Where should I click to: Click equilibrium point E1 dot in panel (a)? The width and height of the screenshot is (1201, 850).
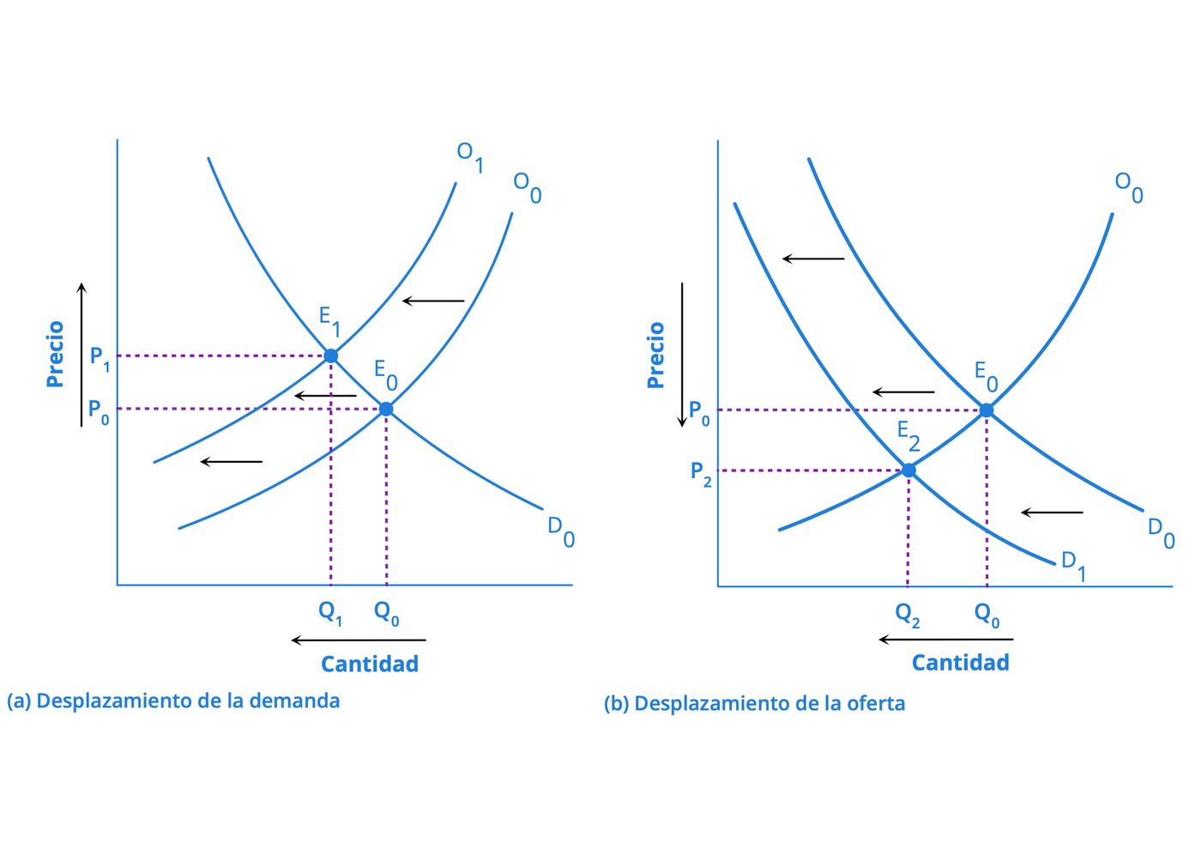coord(331,355)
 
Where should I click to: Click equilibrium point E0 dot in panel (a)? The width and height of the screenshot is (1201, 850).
coord(386,409)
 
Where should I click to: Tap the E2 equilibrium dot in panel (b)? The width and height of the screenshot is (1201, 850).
coord(908,471)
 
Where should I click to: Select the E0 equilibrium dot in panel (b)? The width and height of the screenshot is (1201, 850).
coord(987,410)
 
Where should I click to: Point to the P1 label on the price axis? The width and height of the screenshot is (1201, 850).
coord(100,359)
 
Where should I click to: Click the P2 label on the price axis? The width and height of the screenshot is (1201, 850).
coord(701,474)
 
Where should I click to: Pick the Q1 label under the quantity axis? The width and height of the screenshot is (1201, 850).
coord(330,613)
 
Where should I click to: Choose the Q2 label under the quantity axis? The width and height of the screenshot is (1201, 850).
coord(908,615)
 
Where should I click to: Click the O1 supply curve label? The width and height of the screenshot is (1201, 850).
coord(470,156)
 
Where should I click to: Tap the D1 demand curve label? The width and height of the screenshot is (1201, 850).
coord(1073,567)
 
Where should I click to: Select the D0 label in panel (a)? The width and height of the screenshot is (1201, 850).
coord(561,532)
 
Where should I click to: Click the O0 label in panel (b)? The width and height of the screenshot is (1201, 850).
coord(1129,188)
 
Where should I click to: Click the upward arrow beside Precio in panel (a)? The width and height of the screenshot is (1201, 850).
coord(81,355)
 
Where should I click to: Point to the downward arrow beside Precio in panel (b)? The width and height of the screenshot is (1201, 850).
coord(682,355)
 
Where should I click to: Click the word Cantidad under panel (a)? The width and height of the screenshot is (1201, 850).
coord(370,664)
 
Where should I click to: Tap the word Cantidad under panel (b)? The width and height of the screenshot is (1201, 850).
coord(960,663)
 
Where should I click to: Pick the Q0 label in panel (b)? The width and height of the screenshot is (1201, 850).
coord(987,615)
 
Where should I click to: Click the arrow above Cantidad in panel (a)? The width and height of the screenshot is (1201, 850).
coord(359,641)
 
